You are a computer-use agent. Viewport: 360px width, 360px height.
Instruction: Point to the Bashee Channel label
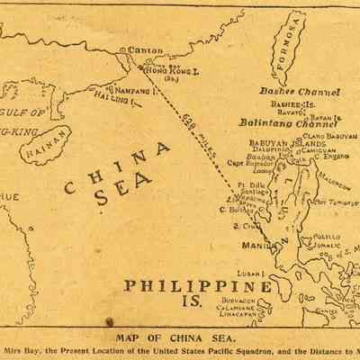(300, 92)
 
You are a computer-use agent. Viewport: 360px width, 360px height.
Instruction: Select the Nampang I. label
(132, 91)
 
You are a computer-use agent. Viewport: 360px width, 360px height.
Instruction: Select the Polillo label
(328, 237)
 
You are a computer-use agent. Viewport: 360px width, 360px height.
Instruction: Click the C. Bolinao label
(236, 210)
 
